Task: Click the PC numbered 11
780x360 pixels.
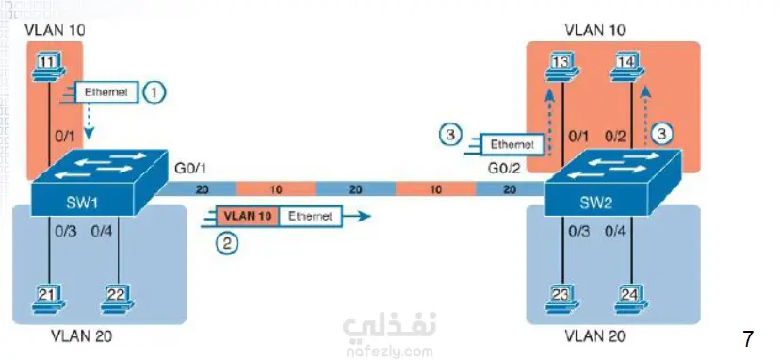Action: [49, 67]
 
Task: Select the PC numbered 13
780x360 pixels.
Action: [561, 67]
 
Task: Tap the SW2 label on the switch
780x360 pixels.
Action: [595, 203]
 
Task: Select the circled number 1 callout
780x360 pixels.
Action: [154, 92]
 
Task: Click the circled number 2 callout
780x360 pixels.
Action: [227, 243]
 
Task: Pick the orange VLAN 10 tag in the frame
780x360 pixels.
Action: [247, 217]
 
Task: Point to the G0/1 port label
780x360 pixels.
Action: [189, 169]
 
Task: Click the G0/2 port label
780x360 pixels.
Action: [504, 169]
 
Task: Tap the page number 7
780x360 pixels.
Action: [748, 339]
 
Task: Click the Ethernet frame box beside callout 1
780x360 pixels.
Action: [106, 92]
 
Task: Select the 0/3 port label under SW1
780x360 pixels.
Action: [66, 231]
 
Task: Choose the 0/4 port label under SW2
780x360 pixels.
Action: [614, 231]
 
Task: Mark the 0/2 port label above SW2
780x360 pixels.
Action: [615, 136]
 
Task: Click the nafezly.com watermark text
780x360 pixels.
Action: [389, 352]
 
